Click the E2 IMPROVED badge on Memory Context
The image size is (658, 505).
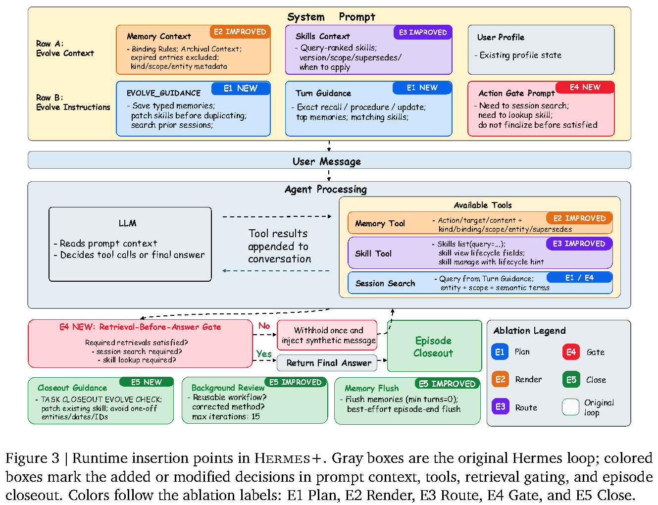point(240,32)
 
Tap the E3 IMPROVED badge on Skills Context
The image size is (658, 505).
point(422,32)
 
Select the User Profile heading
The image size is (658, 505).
point(500,37)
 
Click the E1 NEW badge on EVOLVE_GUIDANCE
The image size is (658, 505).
point(241,88)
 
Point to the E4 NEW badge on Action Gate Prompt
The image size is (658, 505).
point(585,87)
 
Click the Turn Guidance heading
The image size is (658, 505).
point(323,93)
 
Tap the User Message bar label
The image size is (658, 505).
point(326,161)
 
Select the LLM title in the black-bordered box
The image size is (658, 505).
point(127,223)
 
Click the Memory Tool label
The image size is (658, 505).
point(380,223)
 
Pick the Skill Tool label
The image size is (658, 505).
point(373,253)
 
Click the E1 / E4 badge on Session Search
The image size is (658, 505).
point(579,278)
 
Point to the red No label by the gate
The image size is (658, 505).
point(264,326)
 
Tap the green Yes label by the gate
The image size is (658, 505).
point(264,353)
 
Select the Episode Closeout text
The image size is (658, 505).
point(433,347)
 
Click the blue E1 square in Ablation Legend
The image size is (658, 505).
point(500,352)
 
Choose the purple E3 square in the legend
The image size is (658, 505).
point(500,406)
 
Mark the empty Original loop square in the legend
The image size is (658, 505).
point(570,407)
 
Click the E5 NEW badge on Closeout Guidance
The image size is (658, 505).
point(146,382)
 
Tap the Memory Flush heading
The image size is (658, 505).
point(371,388)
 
